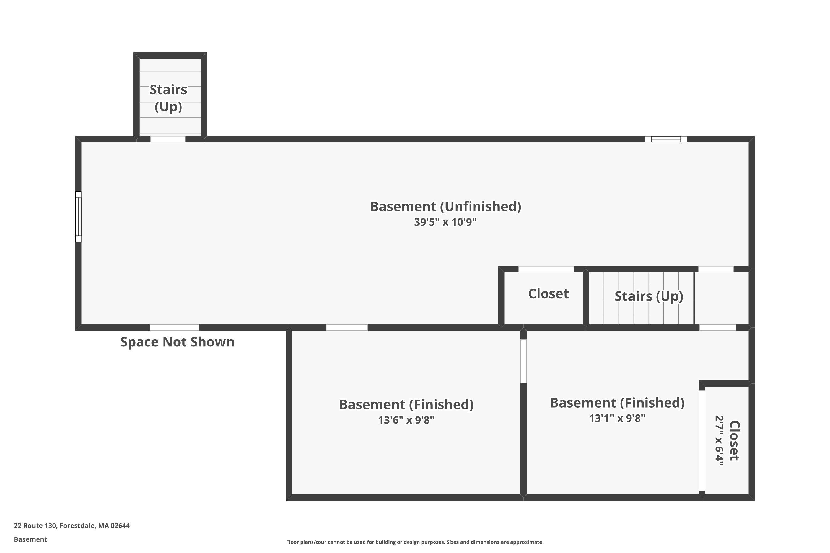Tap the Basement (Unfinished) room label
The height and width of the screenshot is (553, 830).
point(445,207)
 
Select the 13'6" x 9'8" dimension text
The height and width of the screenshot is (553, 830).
point(406,420)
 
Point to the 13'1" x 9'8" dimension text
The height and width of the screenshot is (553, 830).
point(617,418)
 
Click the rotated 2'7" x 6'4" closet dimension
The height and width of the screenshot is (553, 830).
point(719,441)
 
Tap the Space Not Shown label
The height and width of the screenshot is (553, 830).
point(177,342)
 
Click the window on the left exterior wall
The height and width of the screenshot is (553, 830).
point(78,216)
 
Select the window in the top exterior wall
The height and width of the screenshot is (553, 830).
point(666,139)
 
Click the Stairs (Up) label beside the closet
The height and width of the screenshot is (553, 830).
point(649,296)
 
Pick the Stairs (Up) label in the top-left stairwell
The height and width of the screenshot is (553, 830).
point(168,98)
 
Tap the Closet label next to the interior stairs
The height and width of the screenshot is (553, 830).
point(548,294)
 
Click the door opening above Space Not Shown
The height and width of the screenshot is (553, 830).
point(174,328)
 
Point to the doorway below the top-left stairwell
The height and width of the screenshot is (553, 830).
point(168,139)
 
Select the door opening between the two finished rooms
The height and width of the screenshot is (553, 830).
point(524,361)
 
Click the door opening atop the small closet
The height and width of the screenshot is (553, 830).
point(546,269)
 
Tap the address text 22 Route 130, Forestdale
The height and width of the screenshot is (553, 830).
point(72,526)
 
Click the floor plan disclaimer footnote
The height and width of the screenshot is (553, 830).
point(415,542)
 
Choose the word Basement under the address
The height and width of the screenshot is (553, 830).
point(30,539)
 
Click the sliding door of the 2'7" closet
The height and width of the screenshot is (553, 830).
point(702,440)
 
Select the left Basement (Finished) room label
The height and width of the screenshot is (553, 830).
point(406,405)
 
